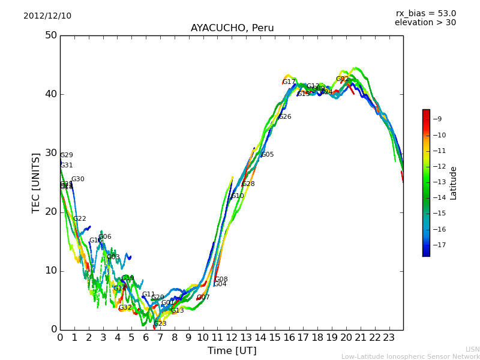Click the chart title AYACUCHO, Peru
click(232, 28)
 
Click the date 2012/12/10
click(47, 16)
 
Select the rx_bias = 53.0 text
click(425, 13)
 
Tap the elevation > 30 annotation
click(425, 23)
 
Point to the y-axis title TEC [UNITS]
click(36, 182)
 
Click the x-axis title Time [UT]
click(232, 351)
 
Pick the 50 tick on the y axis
click(51, 35)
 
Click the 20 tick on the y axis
click(51, 212)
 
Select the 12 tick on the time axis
click(232, 338)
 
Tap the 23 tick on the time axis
click(389, 338)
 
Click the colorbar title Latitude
click(454, 183)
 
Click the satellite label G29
click(67, 155)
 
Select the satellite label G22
click(80, 219)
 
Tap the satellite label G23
click(160, 324)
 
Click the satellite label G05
click(267, 155)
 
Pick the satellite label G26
click(285, 117)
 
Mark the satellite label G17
click(289, 82)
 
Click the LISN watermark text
click(473, 349)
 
